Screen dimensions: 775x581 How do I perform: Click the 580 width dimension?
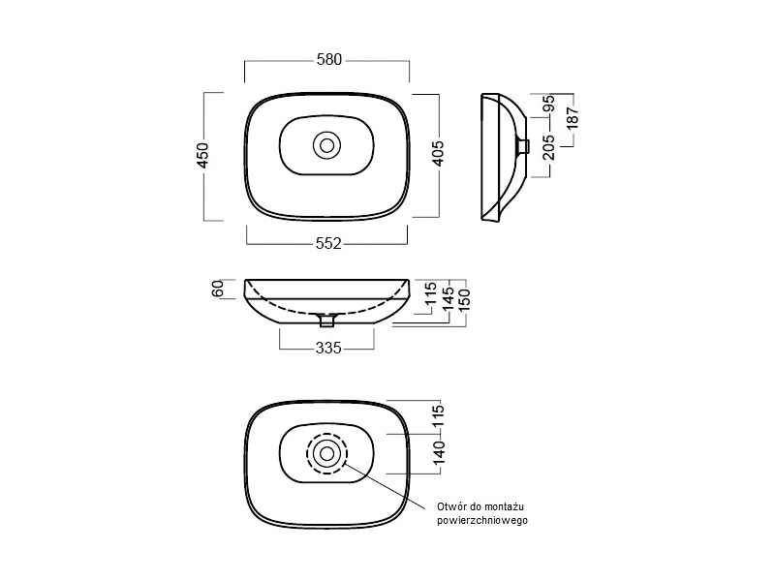coord(329,60)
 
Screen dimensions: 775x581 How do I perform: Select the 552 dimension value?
coord(328,244)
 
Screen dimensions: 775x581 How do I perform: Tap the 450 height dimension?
coord(203,155)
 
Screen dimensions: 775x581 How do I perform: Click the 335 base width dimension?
coord(328,349)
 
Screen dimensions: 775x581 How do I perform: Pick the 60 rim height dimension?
coord(218,289)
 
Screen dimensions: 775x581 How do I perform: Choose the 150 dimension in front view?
coord(464,300)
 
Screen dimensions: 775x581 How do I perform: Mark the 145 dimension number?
coord(448,299)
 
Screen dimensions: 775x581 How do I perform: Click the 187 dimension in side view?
coord(573,119)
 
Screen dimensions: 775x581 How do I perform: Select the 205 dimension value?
coord(549,148)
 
